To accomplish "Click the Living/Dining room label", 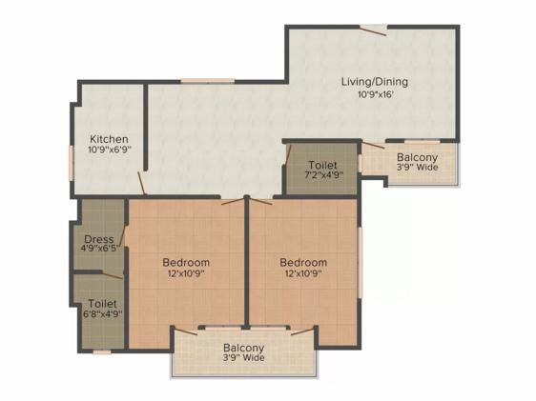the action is click(x=375, y=82).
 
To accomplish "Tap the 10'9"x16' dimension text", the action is click(x=376, y=94).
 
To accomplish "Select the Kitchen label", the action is click(x=109, y=139).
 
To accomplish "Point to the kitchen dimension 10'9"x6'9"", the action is click(x=110, y=150).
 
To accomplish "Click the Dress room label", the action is click(x=99, y=239).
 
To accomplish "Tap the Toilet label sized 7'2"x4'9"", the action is click(x=323, y=165).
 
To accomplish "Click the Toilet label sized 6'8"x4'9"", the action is click(x=103, y=304).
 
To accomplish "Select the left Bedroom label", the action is click(x=186, y=263).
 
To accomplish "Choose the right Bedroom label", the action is click(x=303, y=263).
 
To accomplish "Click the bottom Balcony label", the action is click(x=244, y=348).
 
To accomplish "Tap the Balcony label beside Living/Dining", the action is click(x=417, y=158).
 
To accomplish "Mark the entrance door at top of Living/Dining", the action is click(x=373, y=30).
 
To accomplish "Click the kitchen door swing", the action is click(x=142, y=183).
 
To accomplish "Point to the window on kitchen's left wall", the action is click(x=72, y=163).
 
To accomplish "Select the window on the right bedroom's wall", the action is click(x=360, y=262).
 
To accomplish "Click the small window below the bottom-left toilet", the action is click(x=102, y=352).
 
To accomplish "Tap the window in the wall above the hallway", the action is click(x=208, y=81).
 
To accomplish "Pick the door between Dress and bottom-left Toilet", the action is click(x=113, y=275).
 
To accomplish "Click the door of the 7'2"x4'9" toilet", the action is click(x=288, y=154).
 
